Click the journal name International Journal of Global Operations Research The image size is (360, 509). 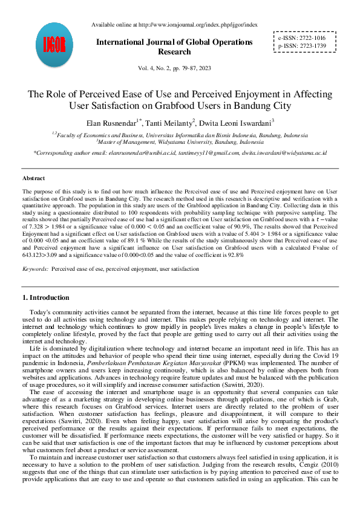click(x=175, y=47)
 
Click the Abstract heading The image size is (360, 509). click(x=33, y=178)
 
